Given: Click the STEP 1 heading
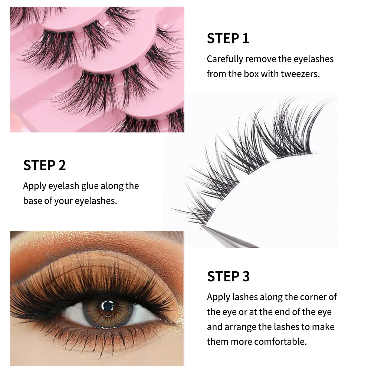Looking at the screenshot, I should (x=228, y=38).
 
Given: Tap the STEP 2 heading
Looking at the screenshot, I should (x=44, y=165).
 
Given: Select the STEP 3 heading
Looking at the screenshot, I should (x=228, y=276).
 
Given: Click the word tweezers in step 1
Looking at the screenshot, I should (x=301, y=74).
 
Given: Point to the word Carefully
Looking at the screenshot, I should (x=225, y=59).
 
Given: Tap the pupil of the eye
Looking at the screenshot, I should (x=108, y=306).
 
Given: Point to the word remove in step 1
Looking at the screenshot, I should (x=260, y=59).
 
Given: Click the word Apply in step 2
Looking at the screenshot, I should (x=35, y=186).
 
